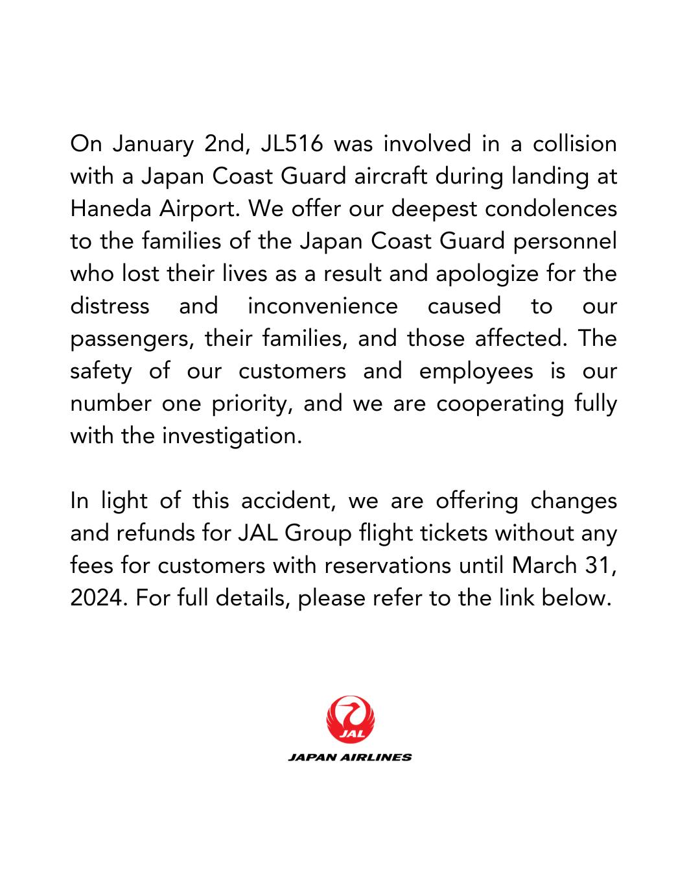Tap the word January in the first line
153,144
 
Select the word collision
574,143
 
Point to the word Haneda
108,208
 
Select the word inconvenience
323,306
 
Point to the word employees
476,371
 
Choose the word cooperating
500,404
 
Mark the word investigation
231,436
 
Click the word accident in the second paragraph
286,501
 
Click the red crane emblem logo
351,720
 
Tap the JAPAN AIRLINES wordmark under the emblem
350,757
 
